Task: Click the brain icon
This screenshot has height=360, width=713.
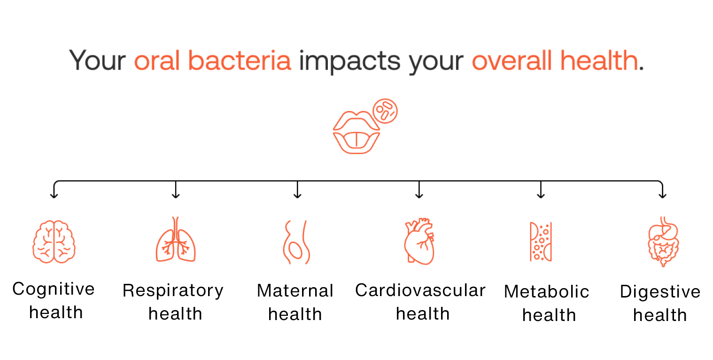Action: click(x=54, y=242)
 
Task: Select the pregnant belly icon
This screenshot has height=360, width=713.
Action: click(x=297, y=242)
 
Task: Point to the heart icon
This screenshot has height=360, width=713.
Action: click(x=419, y=242)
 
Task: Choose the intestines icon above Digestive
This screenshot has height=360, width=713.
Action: click(x=663, y=242)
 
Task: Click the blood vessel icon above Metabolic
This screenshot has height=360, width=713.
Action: click(x=541, y=242)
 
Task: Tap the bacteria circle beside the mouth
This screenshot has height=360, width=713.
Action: click(x=385, y=111)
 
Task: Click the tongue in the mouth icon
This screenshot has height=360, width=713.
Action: click(x=356, y=140)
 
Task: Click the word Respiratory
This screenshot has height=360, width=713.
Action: click(x=173, y=291)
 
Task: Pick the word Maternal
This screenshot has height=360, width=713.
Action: click(x=295, y=290)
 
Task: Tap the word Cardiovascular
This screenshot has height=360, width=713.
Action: click(x=420, y=290)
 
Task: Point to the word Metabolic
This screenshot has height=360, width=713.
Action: click(x=547, y=291)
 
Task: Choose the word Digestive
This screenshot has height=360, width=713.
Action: click(x=660, y=292)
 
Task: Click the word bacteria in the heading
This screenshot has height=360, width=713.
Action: click(x=240, y=61)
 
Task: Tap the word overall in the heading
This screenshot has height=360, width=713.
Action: click(x=512, y=61)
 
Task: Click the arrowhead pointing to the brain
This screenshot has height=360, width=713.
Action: click(x=54, y=196)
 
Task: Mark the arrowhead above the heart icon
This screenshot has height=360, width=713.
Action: click(x=419, y=196)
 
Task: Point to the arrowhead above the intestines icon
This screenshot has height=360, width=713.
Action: click(x=663, y=196)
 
